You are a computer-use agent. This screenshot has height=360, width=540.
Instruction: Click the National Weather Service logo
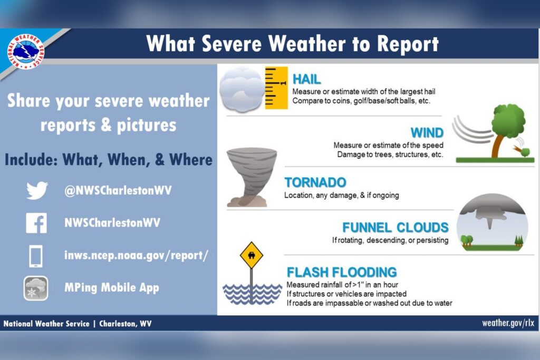pos(25,51)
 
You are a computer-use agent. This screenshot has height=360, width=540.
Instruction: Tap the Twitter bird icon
pos(37,190)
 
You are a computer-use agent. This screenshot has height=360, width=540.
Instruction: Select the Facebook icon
pos(36,223)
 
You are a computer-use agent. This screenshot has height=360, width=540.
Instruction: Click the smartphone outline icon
pos(36,256)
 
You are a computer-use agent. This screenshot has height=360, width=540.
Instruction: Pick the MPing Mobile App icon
pos(36,288)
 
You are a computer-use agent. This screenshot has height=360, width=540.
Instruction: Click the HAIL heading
pos(306,79)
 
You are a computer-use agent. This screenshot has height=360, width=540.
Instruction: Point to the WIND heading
pos(427,132)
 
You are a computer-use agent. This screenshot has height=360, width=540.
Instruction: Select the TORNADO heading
pos(315,182)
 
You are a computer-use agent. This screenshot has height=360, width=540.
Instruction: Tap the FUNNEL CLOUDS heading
pos(396,228)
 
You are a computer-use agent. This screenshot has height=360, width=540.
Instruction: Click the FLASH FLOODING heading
pos(342,272)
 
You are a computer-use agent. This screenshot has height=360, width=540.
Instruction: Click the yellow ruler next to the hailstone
pos(276,88)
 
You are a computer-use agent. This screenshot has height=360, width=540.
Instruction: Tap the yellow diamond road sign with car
pos(252,256)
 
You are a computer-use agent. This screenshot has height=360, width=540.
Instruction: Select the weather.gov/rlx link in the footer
pos(508,323)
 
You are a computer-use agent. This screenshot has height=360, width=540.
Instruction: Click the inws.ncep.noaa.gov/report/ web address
pos(136,256)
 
